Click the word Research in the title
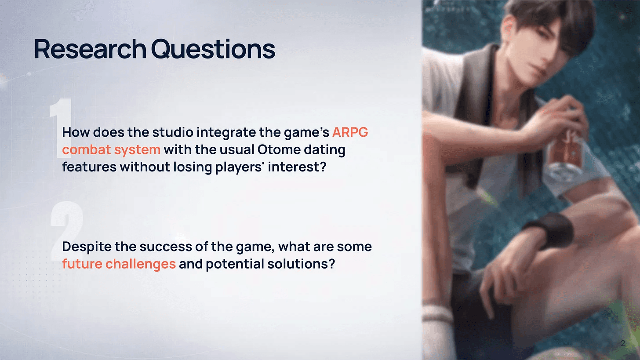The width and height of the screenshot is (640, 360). click(90, 49)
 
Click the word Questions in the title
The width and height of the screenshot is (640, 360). click(213, 49)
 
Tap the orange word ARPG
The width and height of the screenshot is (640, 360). click(350, 132)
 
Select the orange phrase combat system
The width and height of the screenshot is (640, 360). click(111, 150)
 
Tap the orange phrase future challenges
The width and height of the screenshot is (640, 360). click(119, 264)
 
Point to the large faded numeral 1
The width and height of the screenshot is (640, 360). click(61, 128)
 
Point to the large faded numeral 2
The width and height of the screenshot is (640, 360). click(66, 231)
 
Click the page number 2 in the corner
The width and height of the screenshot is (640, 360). click(623, 343)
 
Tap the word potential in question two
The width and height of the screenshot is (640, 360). click(235, 264)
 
